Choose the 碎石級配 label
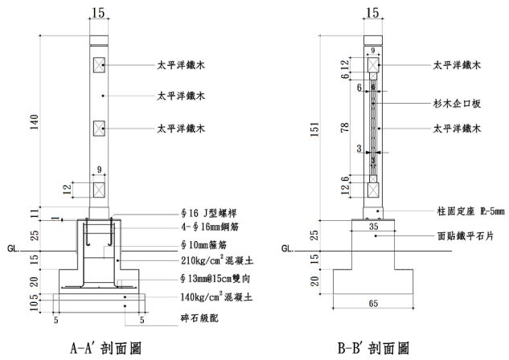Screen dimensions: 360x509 click(x=199, y=318)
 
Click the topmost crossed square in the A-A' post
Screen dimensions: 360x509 click(x=100, y=63)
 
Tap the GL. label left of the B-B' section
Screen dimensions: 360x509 click(x=289, y=249)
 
